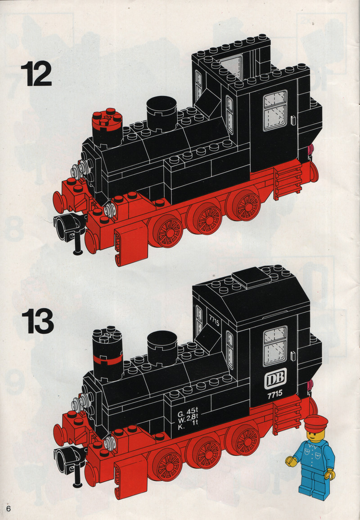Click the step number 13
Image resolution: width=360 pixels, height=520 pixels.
point(37,321)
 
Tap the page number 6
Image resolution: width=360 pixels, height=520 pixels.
point(8,509)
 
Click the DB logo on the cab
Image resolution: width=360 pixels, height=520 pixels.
point(275,378)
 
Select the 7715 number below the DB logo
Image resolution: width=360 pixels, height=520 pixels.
point(275,394)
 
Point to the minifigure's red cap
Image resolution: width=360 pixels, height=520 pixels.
point(315,422)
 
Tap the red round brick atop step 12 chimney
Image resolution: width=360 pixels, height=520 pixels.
point(107,119)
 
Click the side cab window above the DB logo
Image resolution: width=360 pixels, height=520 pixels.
point(275,346)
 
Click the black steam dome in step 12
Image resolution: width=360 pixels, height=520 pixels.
point(162,113)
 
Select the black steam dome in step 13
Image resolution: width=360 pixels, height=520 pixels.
point(162,348)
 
